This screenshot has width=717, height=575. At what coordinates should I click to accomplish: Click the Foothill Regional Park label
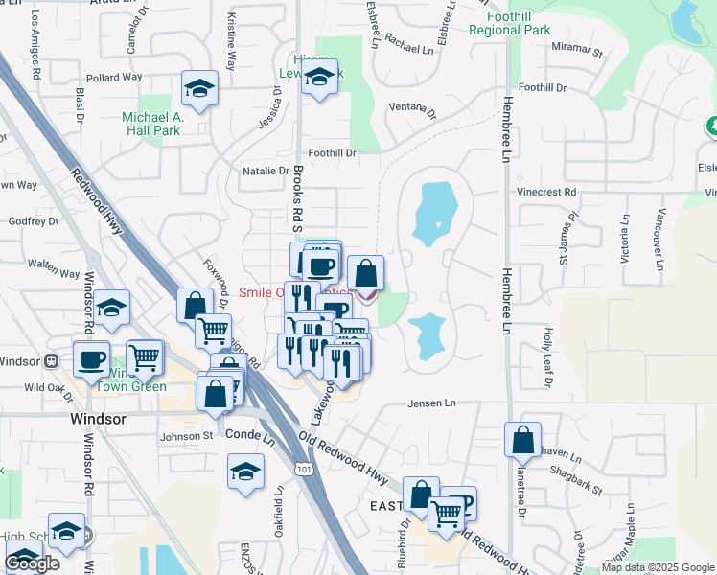pyautogui.click(x=510, y=22)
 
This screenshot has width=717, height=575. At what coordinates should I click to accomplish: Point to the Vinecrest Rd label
pyautogui.click(x=545, y=192)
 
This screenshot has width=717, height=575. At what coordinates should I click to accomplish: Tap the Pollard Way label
pyautogui.click(x=113, y=77)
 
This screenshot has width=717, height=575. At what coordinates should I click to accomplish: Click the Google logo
pyautogui.click(x=32, y=563)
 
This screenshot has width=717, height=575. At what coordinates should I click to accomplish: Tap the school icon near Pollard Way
pyautogui.click(x=199, y=89)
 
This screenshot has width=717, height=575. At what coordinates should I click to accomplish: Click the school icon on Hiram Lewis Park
pyautogui.click(x=320, y=80)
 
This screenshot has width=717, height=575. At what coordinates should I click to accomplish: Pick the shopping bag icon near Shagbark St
pyautogui.click(x=522, y=441)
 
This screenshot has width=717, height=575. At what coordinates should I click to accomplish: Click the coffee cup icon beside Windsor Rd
pyautogui.click(x=93, y=360)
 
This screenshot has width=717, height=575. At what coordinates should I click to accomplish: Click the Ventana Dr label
pyautogui.click(x=411, y=111)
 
